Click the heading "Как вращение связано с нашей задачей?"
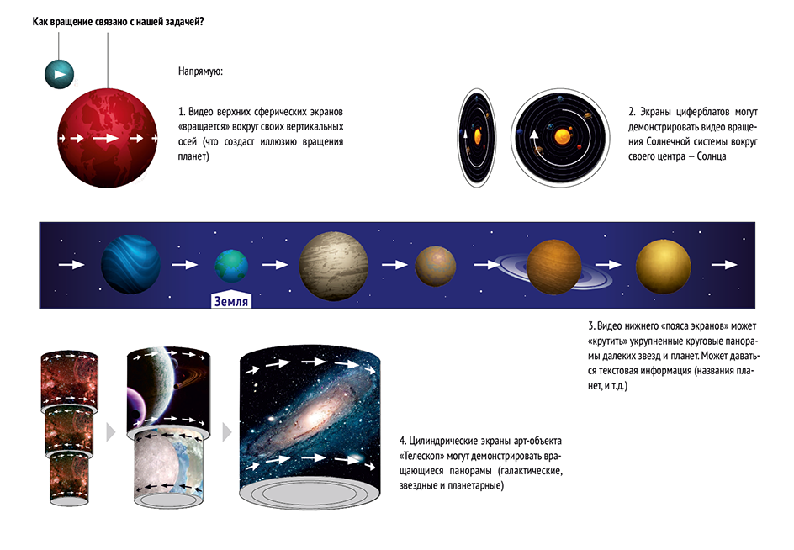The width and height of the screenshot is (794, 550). coord(118,22)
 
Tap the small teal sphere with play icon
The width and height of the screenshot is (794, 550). coord(59,74)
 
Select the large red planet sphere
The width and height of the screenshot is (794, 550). coord(108,138)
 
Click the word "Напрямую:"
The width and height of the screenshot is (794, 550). coord(200,71)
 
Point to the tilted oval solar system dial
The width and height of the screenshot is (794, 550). coord(477,138)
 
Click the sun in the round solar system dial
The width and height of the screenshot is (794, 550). coord(562,136)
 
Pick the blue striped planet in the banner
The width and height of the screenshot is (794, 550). coord(130,264)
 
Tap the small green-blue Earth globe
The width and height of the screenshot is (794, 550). coord(231,265)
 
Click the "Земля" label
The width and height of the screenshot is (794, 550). coord(231,300)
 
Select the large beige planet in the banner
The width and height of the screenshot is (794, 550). coord(333,266)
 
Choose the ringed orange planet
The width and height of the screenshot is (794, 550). coord(553,267)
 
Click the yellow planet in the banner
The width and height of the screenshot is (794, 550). coord(663,267)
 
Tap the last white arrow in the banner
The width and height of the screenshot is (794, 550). coord(724,264)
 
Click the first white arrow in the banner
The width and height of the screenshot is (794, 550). coord(71,264)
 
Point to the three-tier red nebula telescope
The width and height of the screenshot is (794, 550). coord(69,428)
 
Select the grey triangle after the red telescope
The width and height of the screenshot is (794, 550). coord(110,432)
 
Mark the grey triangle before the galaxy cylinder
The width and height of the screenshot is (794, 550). coord(227,432)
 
